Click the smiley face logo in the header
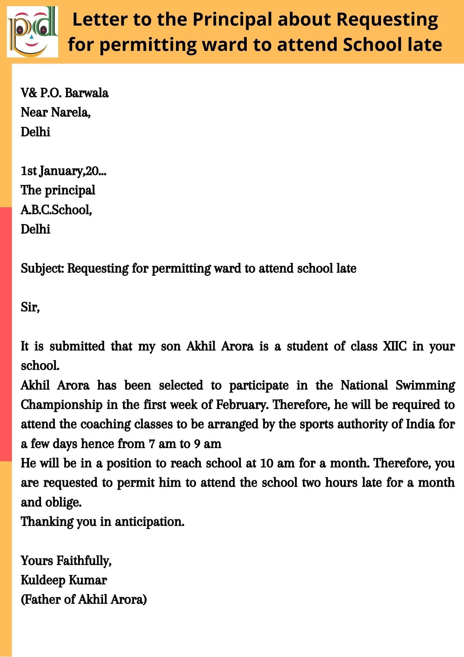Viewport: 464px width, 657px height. (32, 32)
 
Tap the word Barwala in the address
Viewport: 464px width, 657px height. (87, 93)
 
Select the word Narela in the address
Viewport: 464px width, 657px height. (71, 112)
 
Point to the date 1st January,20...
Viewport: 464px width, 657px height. (63, 171)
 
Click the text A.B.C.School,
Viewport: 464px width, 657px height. (56, 210)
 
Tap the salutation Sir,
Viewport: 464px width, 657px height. (30, 307)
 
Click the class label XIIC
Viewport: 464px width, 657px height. (394, 346)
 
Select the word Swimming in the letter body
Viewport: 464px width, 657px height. (425, 385)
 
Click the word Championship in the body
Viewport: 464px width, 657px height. (61, 405)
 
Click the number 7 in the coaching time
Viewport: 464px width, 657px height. (151, 444)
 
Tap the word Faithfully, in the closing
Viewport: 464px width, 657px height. (84, 561)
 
